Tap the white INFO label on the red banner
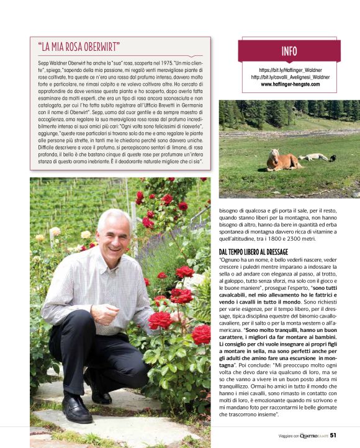point(289,51)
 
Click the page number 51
point(333,435)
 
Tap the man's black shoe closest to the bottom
point(77,410)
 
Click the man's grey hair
point(115,215)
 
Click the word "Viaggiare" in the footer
point(289,435)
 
